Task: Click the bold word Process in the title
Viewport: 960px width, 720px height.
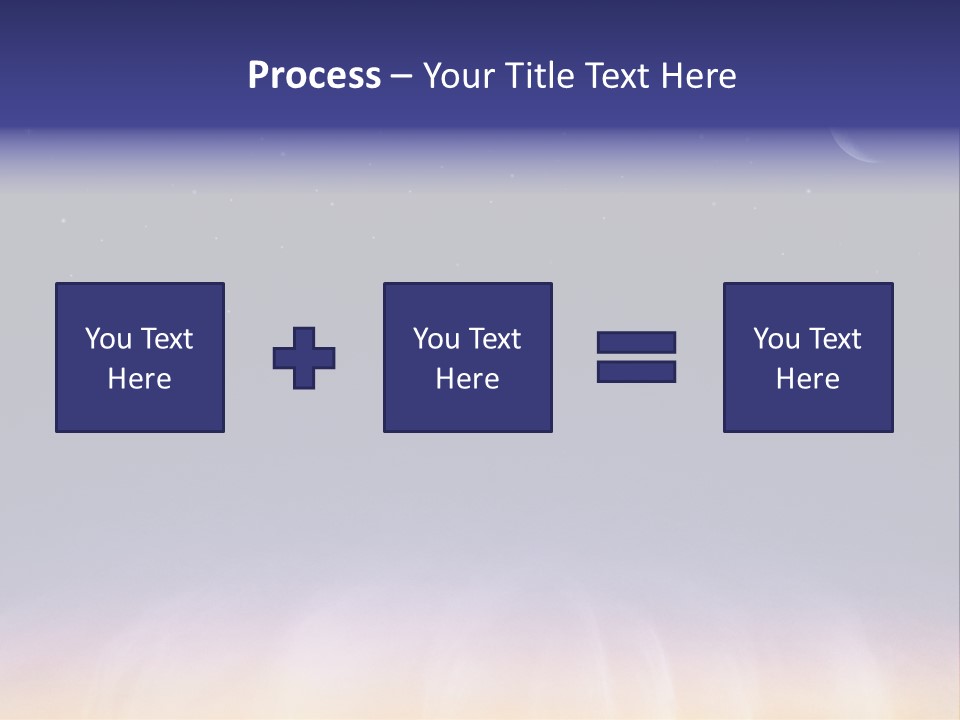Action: pos(314,76)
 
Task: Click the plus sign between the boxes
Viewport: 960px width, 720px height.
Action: pos(304,358)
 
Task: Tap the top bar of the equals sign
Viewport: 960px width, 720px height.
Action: pos(636,343)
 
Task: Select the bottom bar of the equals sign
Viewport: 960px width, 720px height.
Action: pos(636,371)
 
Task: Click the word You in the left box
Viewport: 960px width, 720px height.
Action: pos(109,339)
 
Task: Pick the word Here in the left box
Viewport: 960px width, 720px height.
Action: pos(139,379)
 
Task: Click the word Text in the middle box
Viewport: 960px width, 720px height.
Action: pos(494,339)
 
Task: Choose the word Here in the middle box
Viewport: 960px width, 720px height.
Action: pos(467,379)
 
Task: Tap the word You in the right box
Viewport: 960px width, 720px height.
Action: pos(777,339)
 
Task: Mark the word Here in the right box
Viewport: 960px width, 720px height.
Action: pos(807,379)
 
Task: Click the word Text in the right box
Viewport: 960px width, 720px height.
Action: pos(834,339)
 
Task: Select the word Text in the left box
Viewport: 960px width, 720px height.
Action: pos(166,339)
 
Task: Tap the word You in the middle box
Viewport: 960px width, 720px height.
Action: pos(437,339)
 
